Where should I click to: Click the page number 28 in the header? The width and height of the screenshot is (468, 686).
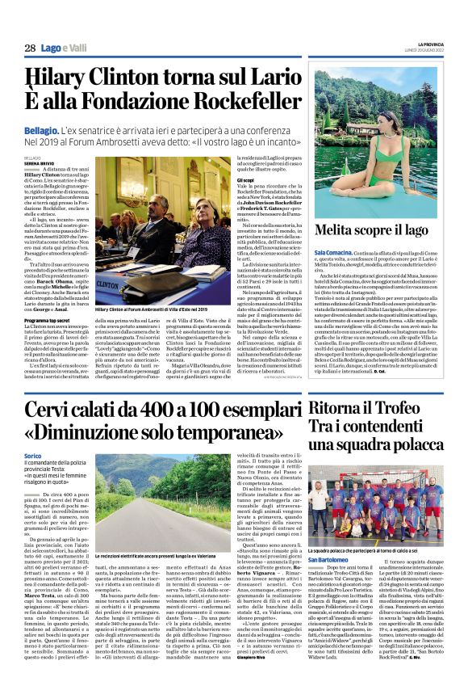[x=30, y=49]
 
